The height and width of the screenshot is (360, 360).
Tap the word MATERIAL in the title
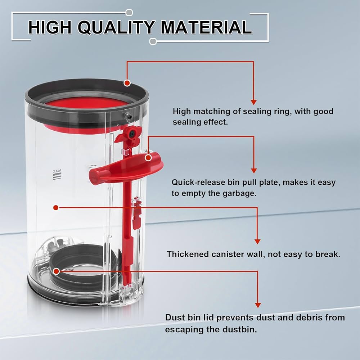click(x=206, y=27)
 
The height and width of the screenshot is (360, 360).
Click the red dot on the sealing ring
click(x=127, y=83)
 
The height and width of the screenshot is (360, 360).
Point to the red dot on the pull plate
click(x=148, y=158)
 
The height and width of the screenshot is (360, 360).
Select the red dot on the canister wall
click(x=55, y=208)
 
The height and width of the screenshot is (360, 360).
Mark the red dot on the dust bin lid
click(x=56, y=271)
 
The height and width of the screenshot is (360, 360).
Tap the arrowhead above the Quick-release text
click(x=253, y=170)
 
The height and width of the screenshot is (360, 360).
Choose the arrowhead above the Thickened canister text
click(x=257, y=241)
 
